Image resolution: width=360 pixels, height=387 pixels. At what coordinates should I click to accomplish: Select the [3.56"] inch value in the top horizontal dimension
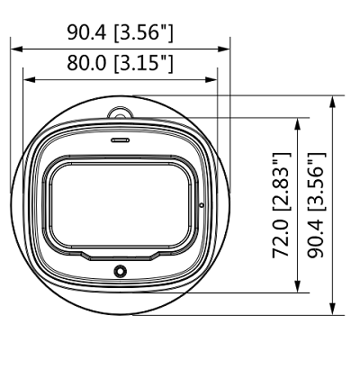pos(143,33)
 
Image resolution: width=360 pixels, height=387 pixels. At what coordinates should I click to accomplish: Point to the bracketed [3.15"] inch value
pos(143,64)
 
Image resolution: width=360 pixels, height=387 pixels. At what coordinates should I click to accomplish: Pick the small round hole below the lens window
pos(120,272)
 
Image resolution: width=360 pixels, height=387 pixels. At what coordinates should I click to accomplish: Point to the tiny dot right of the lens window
pos(202,205)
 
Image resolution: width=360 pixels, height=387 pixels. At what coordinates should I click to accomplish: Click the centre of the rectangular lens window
pos(120,205)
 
